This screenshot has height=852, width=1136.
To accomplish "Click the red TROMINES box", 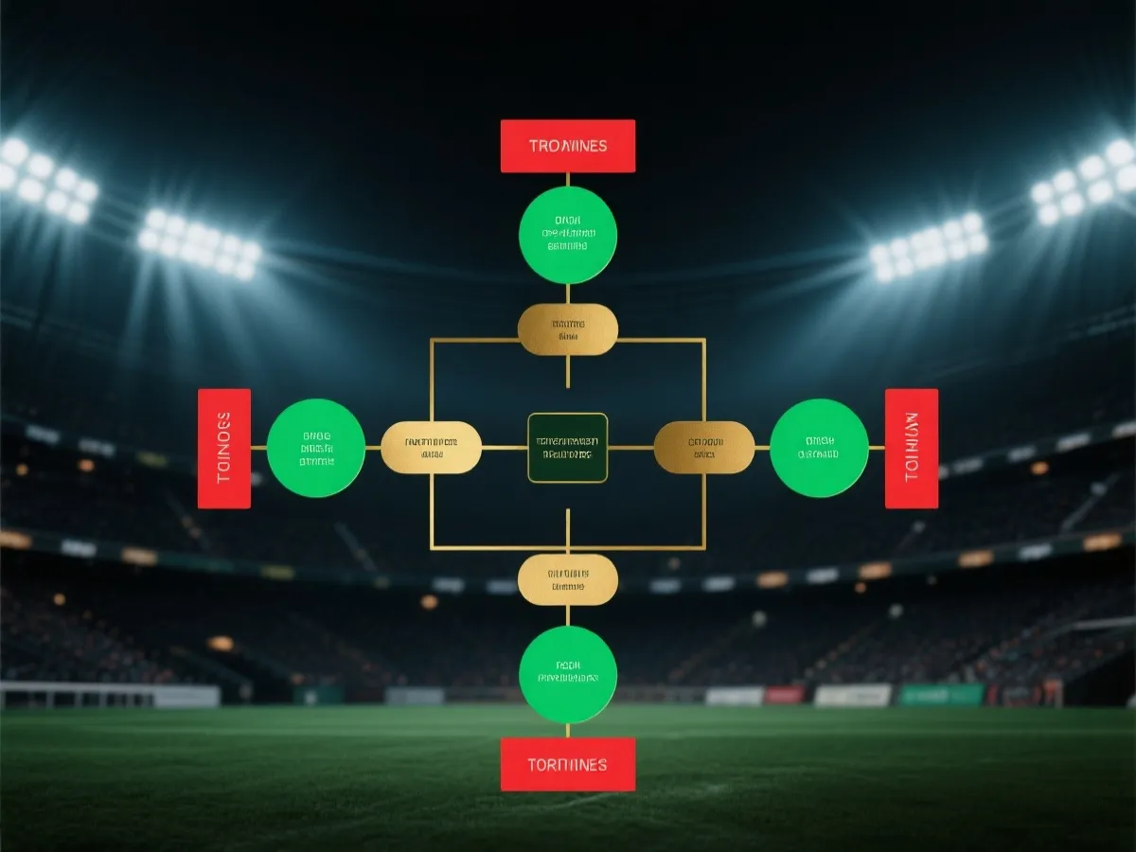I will click(x=568, y=146).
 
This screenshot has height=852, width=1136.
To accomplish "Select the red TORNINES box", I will click(x=568, y=764).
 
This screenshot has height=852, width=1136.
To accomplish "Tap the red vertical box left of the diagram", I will click(x=224, y=448).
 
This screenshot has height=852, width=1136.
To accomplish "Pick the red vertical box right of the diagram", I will click(x=911, y=448).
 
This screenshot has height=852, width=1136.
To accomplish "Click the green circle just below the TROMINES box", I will click(x=568, y=235).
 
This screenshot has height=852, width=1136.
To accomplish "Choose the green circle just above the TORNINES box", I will click(x=568, y=674).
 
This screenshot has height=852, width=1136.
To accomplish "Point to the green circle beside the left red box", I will click(x=316, y=448).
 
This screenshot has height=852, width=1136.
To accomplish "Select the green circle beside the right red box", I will click(x=819, y=448).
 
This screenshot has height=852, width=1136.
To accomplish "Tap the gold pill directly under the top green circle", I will click(x=568, y=329).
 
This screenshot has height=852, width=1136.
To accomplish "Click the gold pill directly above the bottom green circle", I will click(x=568, y=579).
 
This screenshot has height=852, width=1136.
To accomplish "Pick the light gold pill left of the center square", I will click(x=431, y=448).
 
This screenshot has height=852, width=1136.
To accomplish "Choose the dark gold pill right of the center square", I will click(x=704, y=448).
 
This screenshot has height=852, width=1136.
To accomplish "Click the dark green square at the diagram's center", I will click(x=568, y=448).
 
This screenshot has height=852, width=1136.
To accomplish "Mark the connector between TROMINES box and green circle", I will click(x=568, y=179).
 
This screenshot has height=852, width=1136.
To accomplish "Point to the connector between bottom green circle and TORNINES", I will click(x=568, y=730).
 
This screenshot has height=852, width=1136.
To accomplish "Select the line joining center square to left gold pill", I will click(x=504, y=448).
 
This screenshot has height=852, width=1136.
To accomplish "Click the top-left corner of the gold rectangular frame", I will click(x=432, y=339).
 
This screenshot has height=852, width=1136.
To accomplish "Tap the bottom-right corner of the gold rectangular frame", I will click(x=704, y=547).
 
